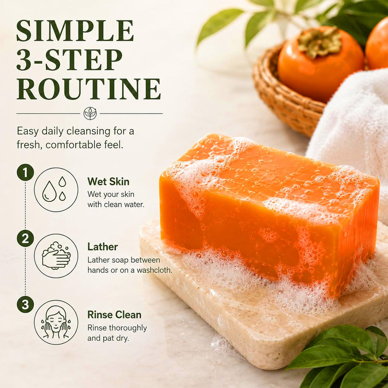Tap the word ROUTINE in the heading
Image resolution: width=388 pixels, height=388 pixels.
(x=89, y=89)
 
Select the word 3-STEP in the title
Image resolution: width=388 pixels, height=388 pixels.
(x=69, y=60)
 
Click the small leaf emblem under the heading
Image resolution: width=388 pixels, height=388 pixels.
(x=90, y=114)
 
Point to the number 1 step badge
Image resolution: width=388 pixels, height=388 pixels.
(x=25, y=172)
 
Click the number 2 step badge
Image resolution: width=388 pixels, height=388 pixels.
(x=25, y=238)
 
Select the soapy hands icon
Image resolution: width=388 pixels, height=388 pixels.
(x=56, y=256)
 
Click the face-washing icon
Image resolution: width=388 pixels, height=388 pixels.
(x=56, y=322)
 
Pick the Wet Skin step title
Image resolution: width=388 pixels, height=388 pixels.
(x=108, y=182)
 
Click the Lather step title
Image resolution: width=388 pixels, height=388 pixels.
(x=102, y=247)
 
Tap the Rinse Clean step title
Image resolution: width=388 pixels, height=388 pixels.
(x=114, y=315)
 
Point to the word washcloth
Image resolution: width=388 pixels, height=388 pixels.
(x=154, y=270)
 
